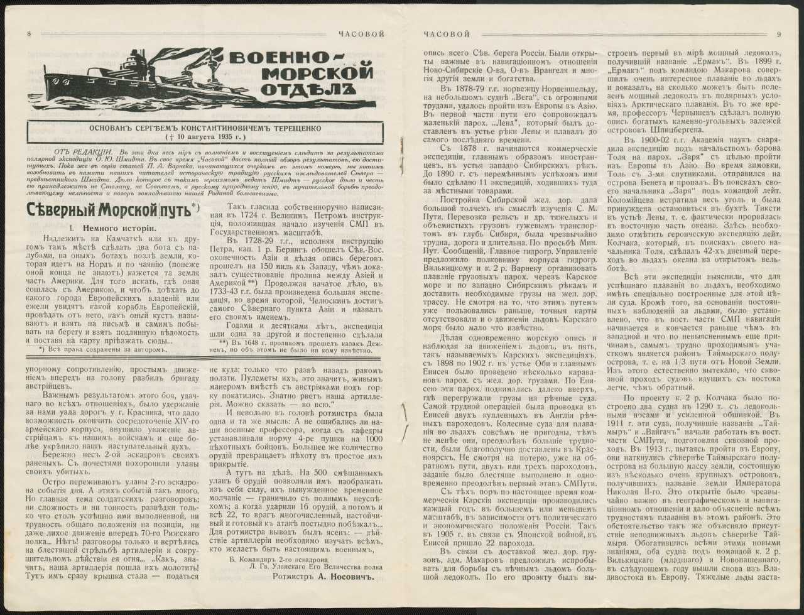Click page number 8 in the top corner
click(x=29, y=35)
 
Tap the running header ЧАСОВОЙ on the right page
click(x=447, y=35)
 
